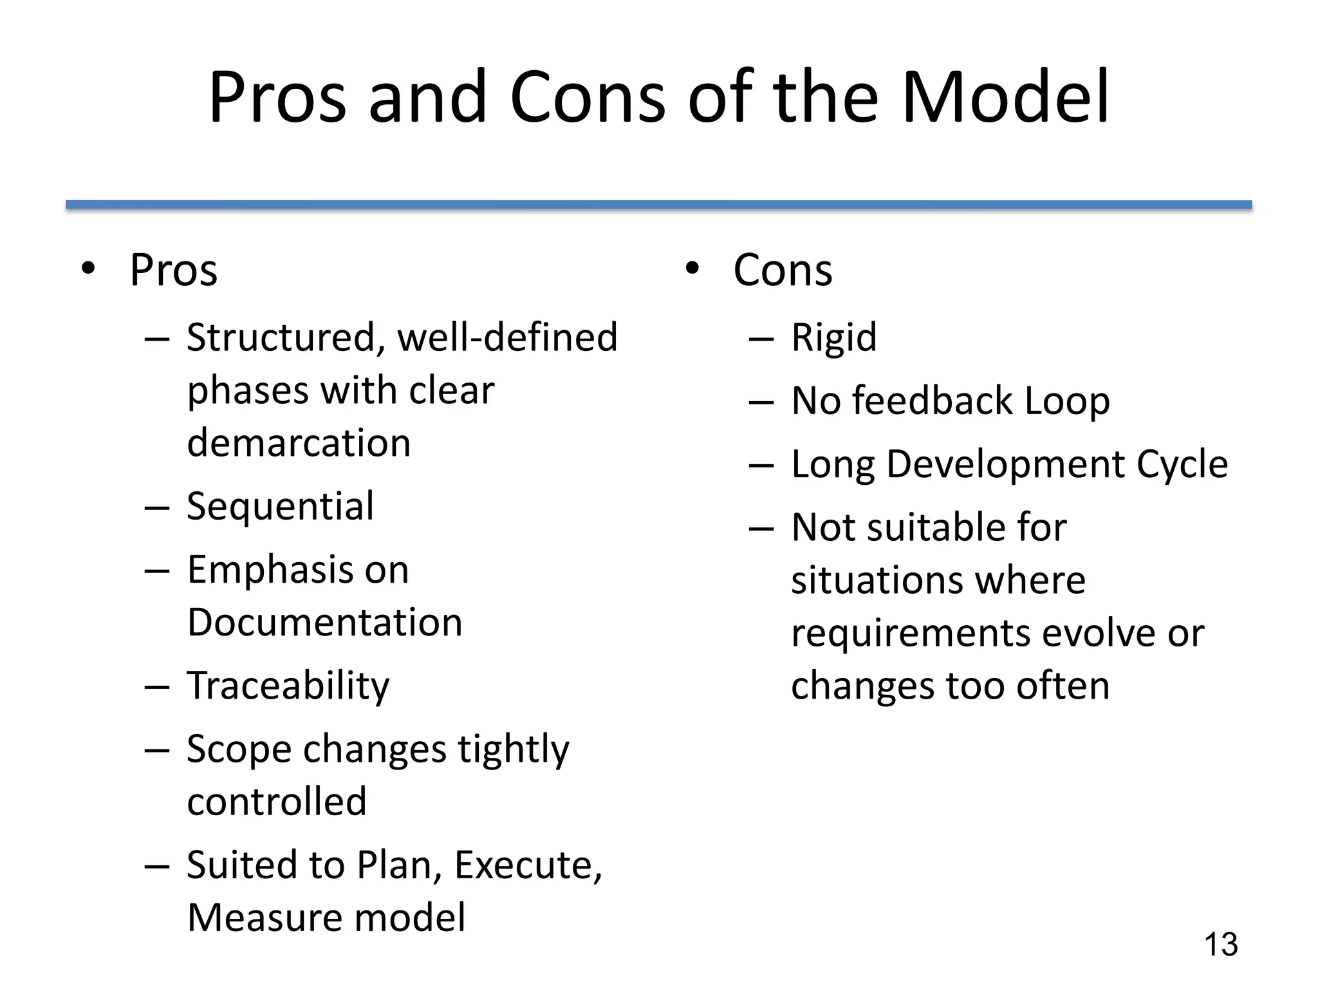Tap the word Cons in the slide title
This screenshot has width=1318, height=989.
[588, 98]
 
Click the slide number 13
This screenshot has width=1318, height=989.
[1221, 945]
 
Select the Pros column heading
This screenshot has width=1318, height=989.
[174, 270]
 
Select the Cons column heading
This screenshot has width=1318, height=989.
[783, 270]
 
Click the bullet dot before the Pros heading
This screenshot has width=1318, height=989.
[88, 268]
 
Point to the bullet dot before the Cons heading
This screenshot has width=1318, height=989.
[692, 268]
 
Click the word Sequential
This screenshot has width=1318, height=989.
[280, 507]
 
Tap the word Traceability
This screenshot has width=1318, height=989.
[288, 686]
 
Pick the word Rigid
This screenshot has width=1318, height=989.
[834, 337]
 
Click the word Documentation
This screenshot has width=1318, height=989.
[325, 623]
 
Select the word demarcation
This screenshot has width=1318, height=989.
[299, 444]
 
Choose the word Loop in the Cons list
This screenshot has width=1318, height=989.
[1067, 402]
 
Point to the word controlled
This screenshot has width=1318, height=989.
[277, 802]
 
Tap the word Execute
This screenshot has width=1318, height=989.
[528, 865]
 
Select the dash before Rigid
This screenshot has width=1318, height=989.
[761, 339]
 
